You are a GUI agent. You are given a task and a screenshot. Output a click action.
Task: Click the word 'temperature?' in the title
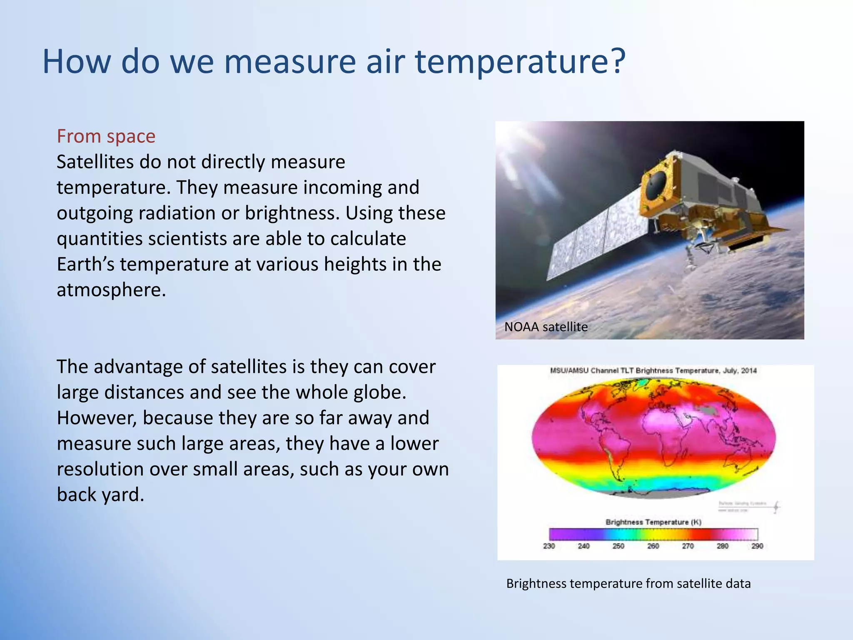[521, 62]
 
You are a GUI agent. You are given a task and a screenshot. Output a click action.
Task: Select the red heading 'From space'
[106, 136]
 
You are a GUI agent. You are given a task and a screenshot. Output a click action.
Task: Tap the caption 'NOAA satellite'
[546, 327]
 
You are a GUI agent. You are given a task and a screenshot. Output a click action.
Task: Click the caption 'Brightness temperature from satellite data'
[628, 583]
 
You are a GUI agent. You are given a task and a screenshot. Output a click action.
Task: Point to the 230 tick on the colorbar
[549, 546]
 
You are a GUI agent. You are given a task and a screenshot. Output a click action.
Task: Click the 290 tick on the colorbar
[757, 546]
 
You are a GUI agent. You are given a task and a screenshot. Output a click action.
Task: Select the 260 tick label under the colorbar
[653, 546]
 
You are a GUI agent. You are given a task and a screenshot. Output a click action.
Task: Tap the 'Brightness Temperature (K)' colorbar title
[653, 522]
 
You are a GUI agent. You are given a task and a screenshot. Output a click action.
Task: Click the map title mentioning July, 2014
[653, 370]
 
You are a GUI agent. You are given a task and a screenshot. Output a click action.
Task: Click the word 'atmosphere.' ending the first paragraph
[111, 290]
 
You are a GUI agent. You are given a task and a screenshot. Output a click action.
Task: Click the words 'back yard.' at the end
[100, 495]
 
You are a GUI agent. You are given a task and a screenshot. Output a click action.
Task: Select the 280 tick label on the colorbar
[722, 546]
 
